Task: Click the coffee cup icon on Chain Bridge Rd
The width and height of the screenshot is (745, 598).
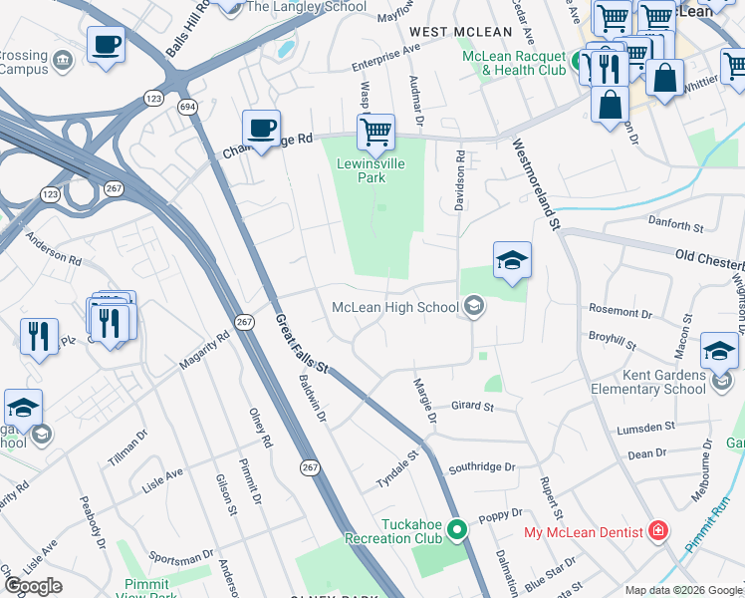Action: pyautogui.click(x=261, y=129)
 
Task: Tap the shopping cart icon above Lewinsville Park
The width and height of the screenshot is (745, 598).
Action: pyautogui.click(x=375, y=131)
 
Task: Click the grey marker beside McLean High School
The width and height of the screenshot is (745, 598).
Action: pyautogui.click(x=475, y=306)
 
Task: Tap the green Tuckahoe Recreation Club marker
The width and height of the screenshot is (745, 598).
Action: pyautogui.click(x=457, y=529)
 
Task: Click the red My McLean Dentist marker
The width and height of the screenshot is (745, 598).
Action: pyautogui.click(x=656, y=530)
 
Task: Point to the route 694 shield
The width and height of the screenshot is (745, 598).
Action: pyautogui.click(x=187, y=106)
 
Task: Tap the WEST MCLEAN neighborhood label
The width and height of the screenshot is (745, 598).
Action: pyautogui.click(x=454, y=32)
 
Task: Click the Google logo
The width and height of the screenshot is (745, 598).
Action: pyautogui.click(x=32, y=586)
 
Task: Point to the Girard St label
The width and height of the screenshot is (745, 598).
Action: pyautogui.click(x=472, y=406)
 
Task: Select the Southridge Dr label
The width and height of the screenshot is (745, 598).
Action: pyautogui.click(x=481, y=466)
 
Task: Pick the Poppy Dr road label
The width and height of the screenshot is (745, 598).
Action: pyautogui.click(x=500, y=515)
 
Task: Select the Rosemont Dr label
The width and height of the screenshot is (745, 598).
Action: pyautogui.click(x=620, y=311)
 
